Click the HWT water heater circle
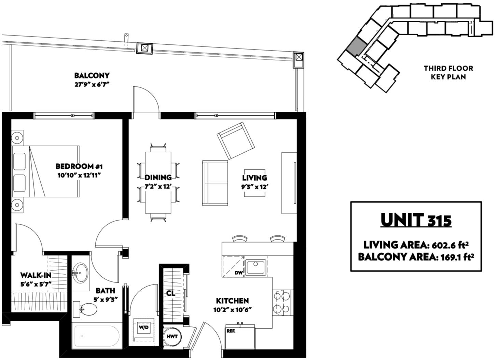[172, 337]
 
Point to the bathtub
[97, 336]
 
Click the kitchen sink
[256, 267]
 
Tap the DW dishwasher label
[239, 273]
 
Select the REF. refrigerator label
[231, 331]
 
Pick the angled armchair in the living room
[236, 141]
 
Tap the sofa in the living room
[215, 183]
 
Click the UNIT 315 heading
[416, 220]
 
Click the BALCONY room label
[92, 75]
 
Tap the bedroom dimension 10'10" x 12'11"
[79, 176]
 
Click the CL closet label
[170, 293]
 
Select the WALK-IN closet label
[36, 275]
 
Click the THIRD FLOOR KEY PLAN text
[449, 72]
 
